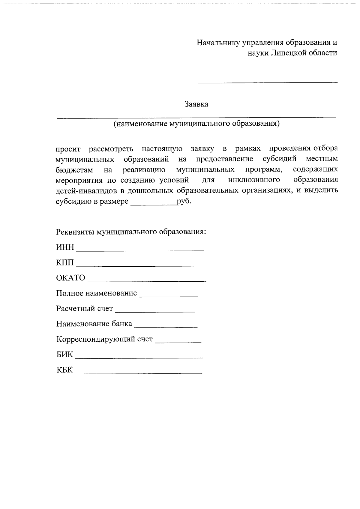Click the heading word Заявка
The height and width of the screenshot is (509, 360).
pyautogui.click(x=196, y=104)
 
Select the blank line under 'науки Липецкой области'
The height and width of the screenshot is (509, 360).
pyautogui.click(x=267, y=81)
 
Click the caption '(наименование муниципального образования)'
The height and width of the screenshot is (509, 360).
pyautogui.click(x=196, y=124)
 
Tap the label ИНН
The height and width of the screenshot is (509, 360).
pyautogui.click(x=65, y=247)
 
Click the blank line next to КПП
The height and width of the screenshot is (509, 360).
pyautogui.click(x=140, y=265)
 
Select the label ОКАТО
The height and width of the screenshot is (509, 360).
pyautogui.click(x=71, y=278)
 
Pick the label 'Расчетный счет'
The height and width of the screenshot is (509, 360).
pyautogui.click(x=85, y=309)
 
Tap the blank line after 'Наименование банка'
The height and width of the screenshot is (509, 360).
pyautogui.click(x=166, y=326)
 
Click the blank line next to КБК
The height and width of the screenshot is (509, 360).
pyautogui.click(x=139, y=373)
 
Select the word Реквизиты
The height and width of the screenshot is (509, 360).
pyautogui.click(x=75, y=232)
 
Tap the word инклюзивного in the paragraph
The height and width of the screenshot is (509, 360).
pyautogui.click(x=254, y=180)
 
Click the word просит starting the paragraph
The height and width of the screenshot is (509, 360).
pyautogui.click(x=68, y=149)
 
